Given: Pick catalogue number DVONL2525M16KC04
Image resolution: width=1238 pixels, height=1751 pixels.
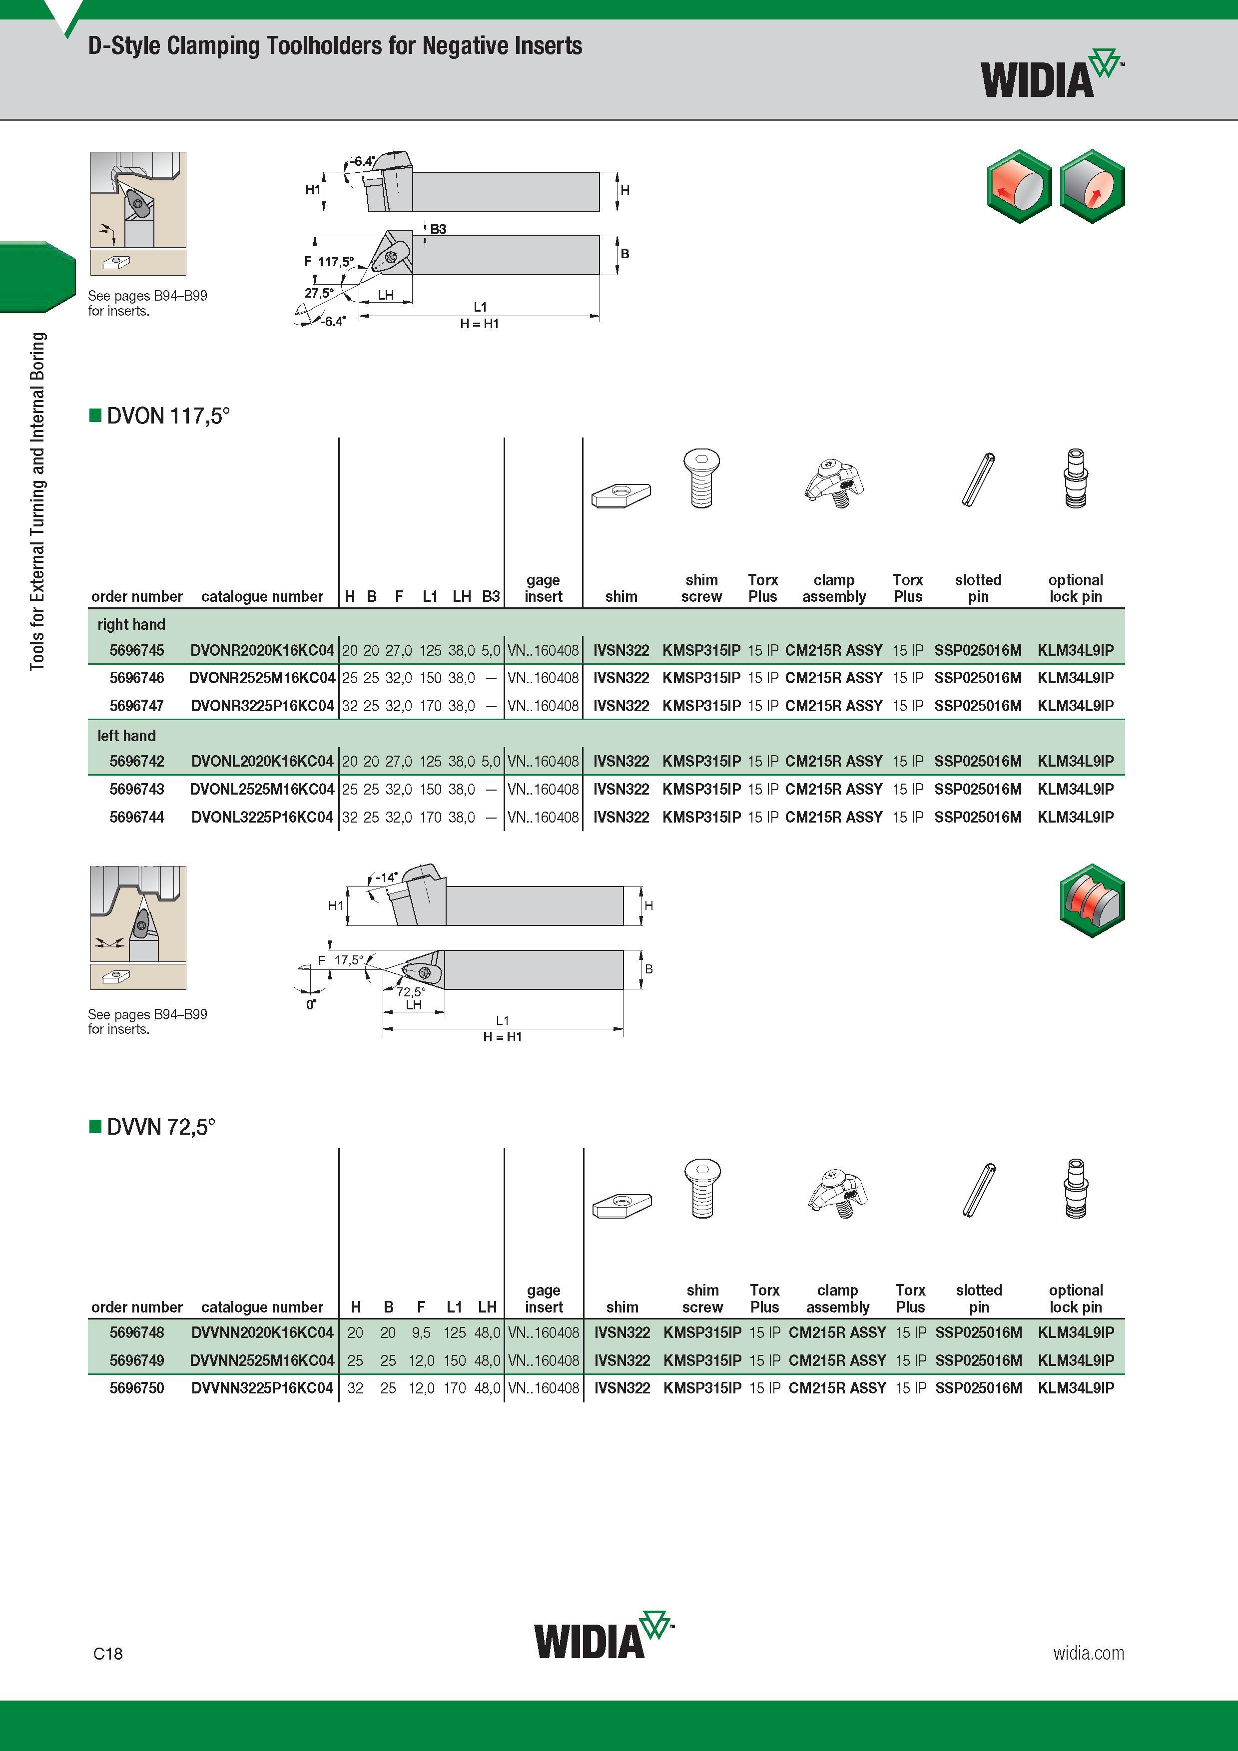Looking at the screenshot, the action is click(262, 789).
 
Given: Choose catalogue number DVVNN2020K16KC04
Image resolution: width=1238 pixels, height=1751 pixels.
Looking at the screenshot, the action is click(262, 1332).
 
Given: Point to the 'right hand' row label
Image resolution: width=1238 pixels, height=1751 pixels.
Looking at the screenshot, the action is click(131, 625).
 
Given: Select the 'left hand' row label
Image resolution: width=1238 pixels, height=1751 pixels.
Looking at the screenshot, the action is click(126, 736).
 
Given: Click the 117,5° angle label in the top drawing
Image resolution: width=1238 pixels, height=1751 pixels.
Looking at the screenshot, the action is click(336, 262).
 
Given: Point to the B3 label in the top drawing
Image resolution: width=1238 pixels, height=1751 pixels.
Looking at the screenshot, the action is click(438, 229).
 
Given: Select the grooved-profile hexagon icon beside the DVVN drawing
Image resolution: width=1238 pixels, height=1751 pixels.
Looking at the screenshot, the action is click(1092, 900).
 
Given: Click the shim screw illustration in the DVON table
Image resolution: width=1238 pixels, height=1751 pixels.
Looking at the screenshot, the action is click(702, 478).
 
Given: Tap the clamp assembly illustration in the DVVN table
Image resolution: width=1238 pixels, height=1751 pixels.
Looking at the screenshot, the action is click(837, 1193).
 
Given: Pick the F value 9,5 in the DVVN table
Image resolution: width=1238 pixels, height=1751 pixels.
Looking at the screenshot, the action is click(421, 1332).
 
